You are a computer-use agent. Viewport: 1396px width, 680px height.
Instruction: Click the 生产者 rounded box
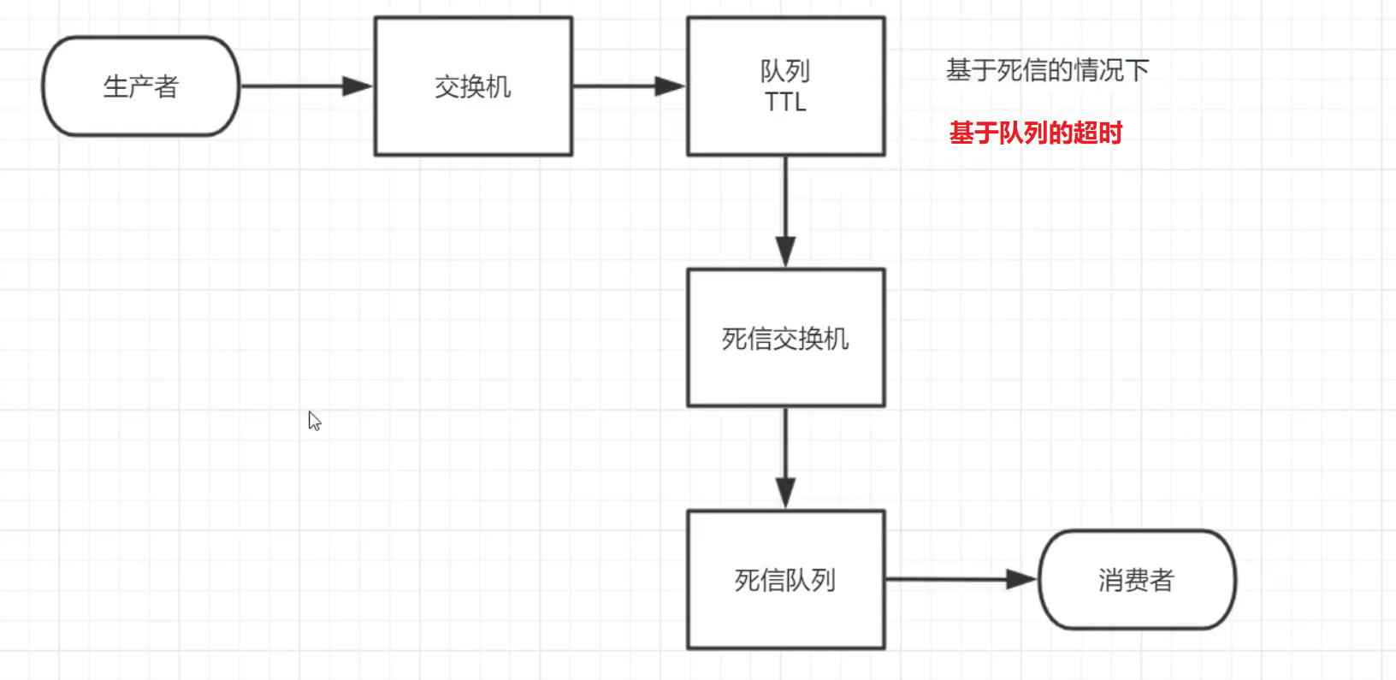point(140,86)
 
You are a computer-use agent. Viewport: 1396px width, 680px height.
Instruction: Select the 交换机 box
point(472,86)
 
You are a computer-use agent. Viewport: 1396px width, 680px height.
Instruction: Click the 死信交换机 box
point(785,339)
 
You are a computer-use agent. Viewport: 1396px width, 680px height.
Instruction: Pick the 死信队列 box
point(785,580)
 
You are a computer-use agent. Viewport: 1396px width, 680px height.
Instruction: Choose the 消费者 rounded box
point(1136,580)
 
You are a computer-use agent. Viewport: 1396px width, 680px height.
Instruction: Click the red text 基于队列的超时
point(1035,133)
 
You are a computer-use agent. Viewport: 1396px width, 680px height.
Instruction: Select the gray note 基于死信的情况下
point(1047,70)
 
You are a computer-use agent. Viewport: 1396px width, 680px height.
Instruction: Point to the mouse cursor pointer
point(314,420)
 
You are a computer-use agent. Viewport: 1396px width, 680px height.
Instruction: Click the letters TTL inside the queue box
point(785,103)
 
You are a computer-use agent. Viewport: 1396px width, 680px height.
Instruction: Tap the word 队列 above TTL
point(785,70)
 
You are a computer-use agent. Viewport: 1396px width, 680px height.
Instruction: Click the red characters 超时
point(1097,133)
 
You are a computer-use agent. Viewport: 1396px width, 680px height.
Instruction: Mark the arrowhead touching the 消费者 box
point(1021,579)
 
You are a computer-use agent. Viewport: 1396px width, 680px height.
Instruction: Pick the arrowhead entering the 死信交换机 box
point(785,252)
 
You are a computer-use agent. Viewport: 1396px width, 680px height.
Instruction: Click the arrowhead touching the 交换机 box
point(358,86)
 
